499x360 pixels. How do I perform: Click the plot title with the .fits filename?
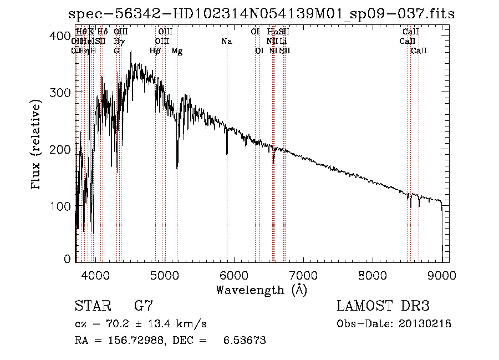pos(261,14)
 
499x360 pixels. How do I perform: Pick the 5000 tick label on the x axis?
pos(164,274)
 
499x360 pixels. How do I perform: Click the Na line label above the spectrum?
pos(226,41)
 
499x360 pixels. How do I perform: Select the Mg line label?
pos(177,51)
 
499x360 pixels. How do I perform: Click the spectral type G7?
pos(143,306)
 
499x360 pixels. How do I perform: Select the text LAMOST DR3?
pos(383,306)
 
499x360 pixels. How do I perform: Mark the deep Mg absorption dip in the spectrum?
pos(177,166)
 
